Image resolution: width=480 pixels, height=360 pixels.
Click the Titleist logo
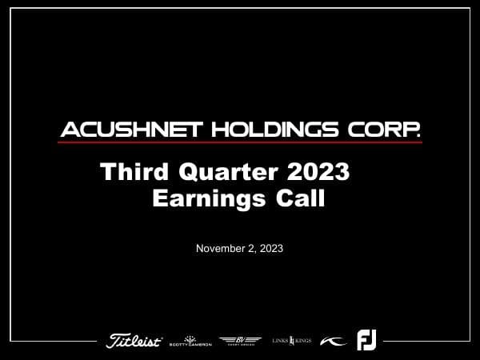click(x=134, y=341)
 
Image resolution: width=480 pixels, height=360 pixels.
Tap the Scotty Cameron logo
click(x=190, y=341)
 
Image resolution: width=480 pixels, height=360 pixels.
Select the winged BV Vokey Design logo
click(x=240, y=341)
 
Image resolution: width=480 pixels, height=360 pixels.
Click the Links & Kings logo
click(x=291, y=341)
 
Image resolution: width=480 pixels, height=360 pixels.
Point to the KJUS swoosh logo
click(x=333, y=341)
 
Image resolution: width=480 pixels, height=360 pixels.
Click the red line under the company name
click(x=240, y=142)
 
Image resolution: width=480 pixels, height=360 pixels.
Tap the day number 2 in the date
click(x=249, y=249)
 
